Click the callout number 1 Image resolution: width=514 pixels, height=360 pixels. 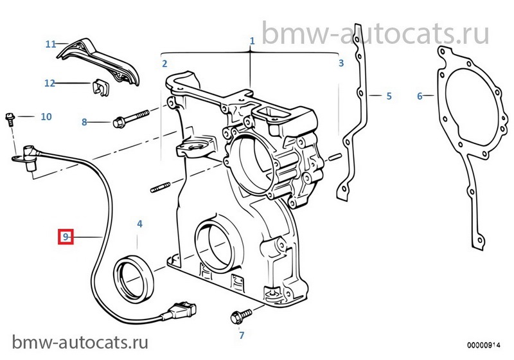[252, 41]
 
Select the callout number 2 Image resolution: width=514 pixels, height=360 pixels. [164, 64]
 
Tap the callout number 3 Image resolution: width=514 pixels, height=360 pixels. [341, 63]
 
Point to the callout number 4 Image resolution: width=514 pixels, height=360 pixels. [139, 224]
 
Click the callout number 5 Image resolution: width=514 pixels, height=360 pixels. [389, 96]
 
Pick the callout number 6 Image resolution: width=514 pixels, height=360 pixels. [420, 96]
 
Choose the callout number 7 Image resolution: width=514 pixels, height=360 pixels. [242, 335]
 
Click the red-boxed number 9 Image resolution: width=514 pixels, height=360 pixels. [66, 237]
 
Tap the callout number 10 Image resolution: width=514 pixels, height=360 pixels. [46, 116]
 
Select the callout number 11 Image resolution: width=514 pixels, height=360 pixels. [51, 44]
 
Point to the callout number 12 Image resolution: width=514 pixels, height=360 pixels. [50, 83]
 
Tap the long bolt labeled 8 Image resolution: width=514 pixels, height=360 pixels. [131, 118]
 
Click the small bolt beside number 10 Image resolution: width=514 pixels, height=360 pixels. [10, 120]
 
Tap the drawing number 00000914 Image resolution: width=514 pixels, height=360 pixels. [484, 345]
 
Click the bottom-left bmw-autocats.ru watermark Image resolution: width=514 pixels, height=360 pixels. [80, 342]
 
